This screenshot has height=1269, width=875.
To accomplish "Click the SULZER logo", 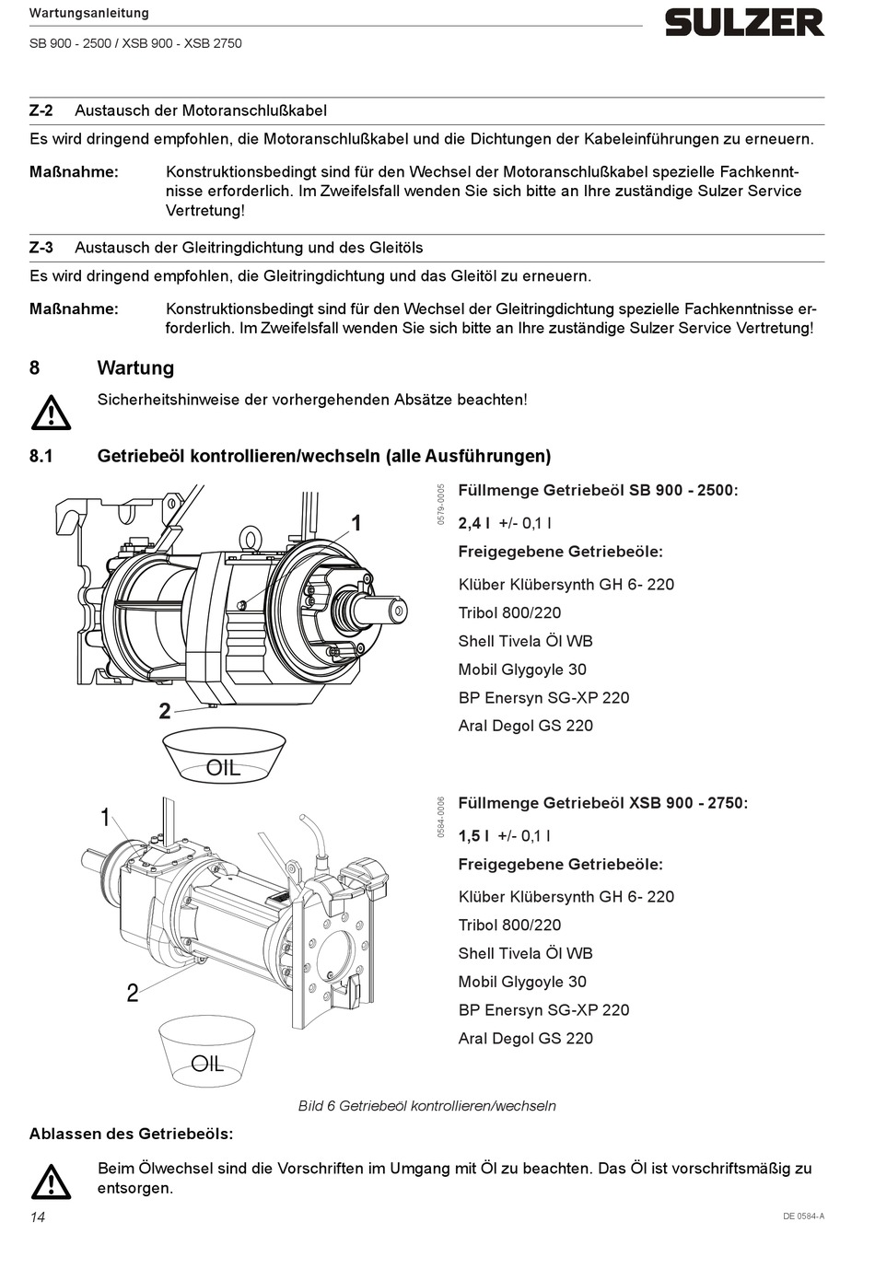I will [744, 23].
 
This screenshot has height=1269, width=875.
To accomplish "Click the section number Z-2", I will [41, 111].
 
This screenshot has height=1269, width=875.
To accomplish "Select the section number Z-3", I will [41, 248].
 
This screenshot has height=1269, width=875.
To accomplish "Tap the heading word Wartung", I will [135, 368].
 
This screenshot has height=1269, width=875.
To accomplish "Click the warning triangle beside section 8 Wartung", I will [51, 413].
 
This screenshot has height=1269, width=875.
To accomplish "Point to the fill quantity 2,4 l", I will [474, 523].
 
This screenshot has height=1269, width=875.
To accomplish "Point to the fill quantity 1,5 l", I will [473, 836].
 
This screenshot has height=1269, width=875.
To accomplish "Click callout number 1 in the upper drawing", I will [356, 523].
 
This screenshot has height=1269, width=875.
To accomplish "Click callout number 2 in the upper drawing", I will [165, 711].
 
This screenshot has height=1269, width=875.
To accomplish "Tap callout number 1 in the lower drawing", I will [105, 817].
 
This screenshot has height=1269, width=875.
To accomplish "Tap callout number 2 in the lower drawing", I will [133, 993].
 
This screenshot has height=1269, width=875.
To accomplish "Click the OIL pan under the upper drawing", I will [223, 755].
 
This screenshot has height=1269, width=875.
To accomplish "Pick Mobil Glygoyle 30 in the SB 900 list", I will [522, 669].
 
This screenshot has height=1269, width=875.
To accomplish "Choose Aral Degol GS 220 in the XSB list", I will [525, 1039].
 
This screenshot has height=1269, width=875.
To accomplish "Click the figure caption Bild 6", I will [427, 1106].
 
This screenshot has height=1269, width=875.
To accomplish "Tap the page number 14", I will [38, 1217].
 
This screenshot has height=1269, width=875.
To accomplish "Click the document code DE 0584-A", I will [803, 1217].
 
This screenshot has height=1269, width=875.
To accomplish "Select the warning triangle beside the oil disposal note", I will [51, 1182].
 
